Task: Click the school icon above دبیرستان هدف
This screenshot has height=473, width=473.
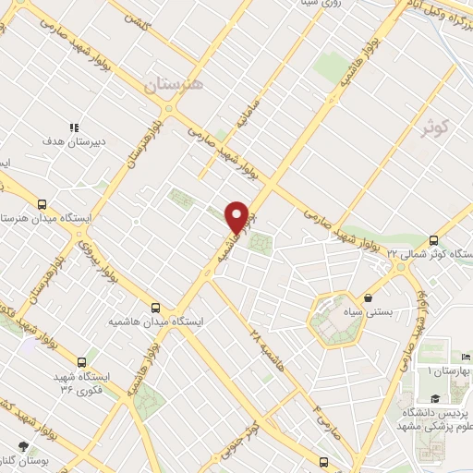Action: tap(74, 127)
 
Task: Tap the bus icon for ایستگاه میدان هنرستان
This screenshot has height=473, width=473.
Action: tap(42, 204)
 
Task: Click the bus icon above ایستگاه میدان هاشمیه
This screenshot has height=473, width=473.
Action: tap(155, 308)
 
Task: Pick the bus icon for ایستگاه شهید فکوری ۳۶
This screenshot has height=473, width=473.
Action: tap(83, 362)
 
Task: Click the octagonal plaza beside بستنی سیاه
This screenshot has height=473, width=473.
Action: tap(331, 320)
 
